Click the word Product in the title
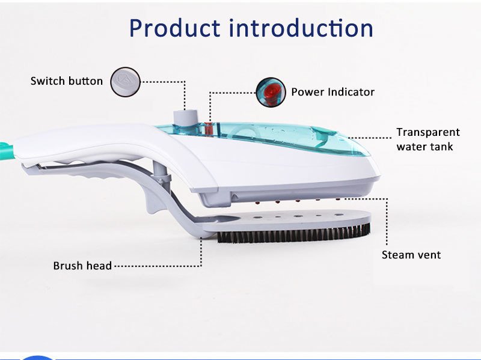point(174,28)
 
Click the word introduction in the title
point(301,28)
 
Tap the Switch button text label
point(67,81)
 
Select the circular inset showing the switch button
point(125,82)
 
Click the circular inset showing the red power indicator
point(271,92)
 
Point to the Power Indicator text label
point(333,92)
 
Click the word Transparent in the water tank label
point(428,132)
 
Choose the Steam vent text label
point(411,255)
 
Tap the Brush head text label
point(82,266)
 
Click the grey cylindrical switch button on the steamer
point(185,117)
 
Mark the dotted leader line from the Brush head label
point(158,266)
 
